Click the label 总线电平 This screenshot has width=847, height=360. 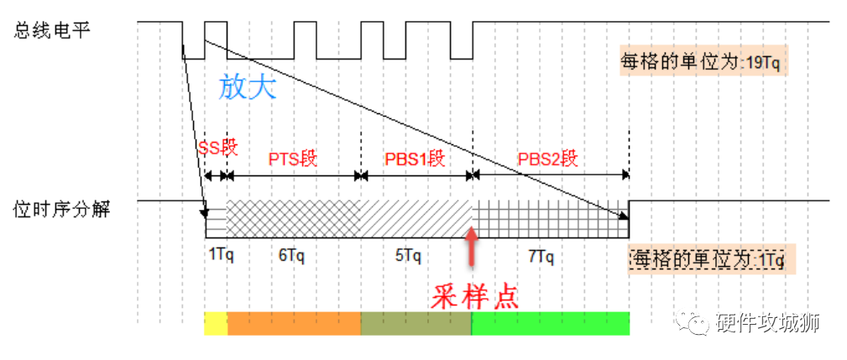click(52, 30)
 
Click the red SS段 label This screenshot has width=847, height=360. click(218, 149)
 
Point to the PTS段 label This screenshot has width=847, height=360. click(292, 158)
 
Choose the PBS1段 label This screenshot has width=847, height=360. click(415, 158)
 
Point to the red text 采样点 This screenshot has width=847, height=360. click(475, 296)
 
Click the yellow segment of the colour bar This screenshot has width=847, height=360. click(216, 323)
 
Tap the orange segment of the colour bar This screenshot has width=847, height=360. click(294, 323)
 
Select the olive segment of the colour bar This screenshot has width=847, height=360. click(416, 323)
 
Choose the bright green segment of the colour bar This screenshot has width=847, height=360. click(550, 323)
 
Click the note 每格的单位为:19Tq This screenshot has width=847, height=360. click(703, 62)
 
